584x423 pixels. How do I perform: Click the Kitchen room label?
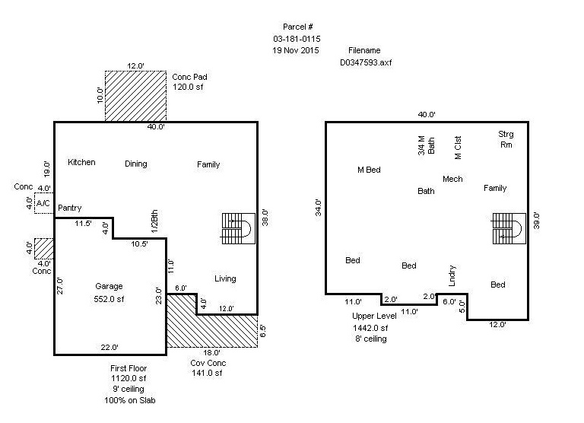click(81, 164)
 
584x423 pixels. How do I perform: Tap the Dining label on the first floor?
click(136, 164)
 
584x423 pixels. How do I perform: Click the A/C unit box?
click(43, 203)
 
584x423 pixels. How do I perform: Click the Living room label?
click(225, 278)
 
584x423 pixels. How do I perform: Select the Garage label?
click(109, 287)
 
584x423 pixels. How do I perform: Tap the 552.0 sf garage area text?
click(109, 300)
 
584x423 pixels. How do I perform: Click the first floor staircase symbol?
click(237, 227)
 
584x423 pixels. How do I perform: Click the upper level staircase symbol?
click(506, 227)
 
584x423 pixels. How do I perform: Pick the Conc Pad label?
click(189, 77)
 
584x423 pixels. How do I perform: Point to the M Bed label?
click(369, 170)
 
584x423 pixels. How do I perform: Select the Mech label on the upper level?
click(452, 180)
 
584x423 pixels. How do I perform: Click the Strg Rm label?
click(506, 138)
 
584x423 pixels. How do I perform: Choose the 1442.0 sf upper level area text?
click(370, 328)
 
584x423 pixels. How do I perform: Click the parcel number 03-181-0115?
click(296, 38)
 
